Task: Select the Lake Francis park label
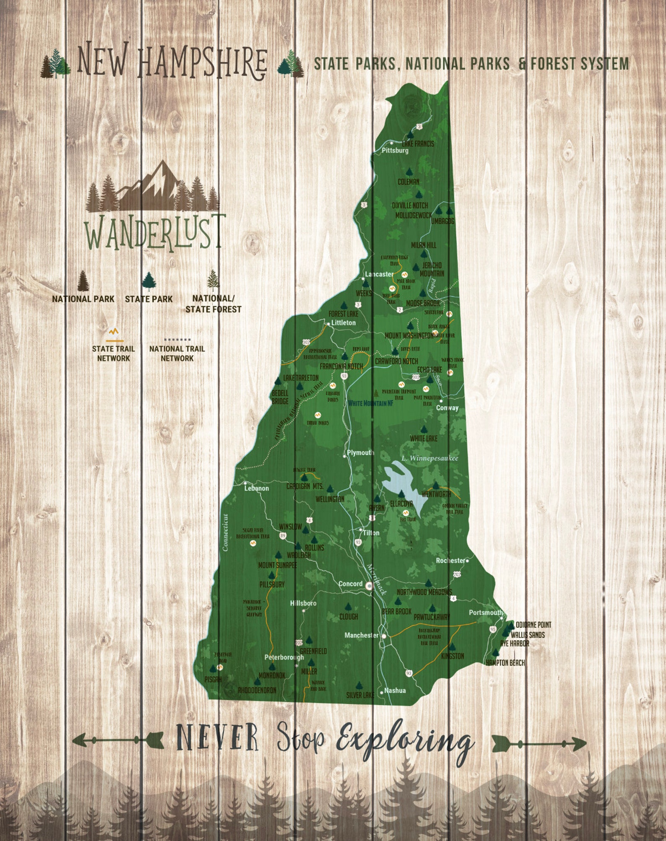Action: (x=418, y=144)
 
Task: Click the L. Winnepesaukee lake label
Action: (x=429, y=458)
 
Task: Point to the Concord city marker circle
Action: (x=369, y=586)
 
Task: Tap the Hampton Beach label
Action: (x=505, y=663)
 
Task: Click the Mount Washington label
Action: (x=409, y=336)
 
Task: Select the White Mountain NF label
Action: (x=370, y=403)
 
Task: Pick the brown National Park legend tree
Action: (x=83, y=280)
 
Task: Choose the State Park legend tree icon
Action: (x=149, y=281)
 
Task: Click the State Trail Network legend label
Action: (x=113, y=353)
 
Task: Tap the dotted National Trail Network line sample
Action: (x=177, y=339)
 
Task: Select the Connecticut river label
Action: (x=225, y=532)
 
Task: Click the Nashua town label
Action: (x=395, y=690)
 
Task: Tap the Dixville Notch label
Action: (x=410, y=205)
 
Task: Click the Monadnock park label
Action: (x=272, y=675)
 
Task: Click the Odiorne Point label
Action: (x=533, y=625)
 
